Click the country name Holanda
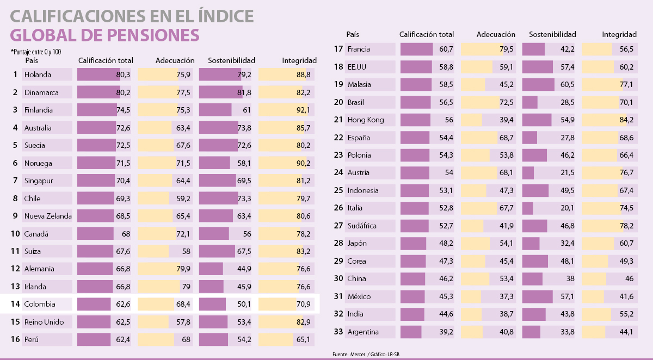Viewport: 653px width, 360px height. tap(38, 75)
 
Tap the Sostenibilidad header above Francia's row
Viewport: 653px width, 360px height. tap(552, 34)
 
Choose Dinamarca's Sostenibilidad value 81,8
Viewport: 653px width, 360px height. tap(244, 92)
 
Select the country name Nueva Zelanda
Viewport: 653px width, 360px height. tap(48, 216)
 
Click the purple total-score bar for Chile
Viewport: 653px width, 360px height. tap(95, 198)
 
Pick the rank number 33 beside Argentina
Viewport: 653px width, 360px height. tap(338, 332)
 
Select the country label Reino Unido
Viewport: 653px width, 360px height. tap(44, 322)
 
